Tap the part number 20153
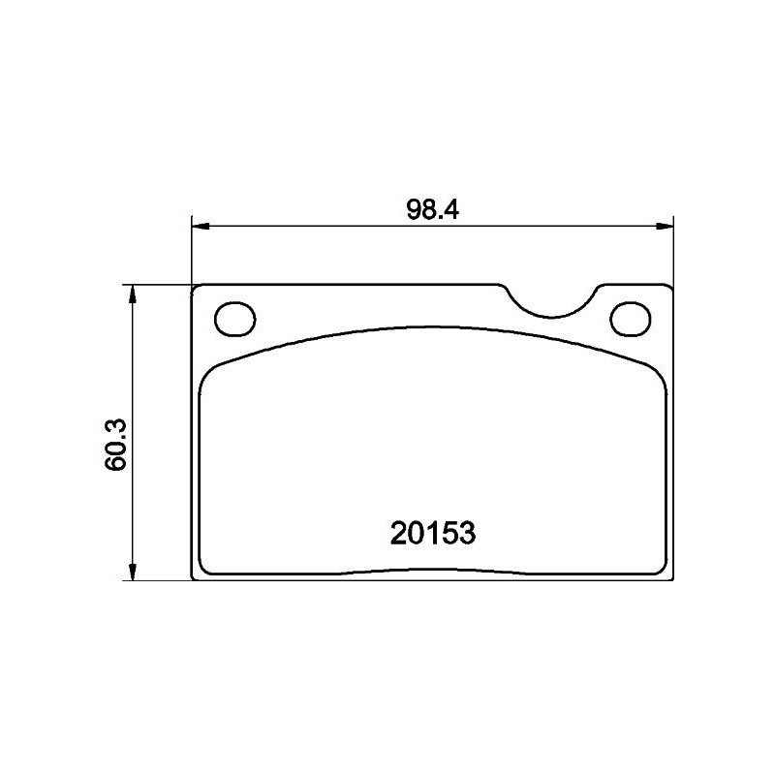(x=432, y=533)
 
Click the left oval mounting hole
(x=233, y=318)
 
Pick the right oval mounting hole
(x=631, y=318)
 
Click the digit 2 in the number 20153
(x=398, y=533)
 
